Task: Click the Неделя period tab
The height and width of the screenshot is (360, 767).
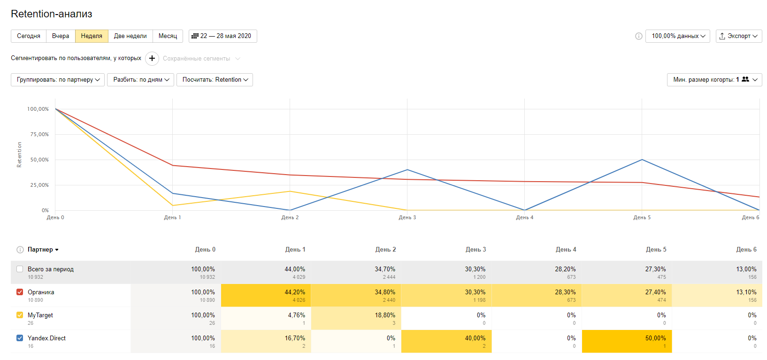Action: pyautogui.click(x=92, y=36)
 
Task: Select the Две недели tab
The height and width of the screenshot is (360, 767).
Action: pyautogui.click(x=130, y=36)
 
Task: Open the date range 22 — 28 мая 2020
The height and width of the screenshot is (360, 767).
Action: pyautogui.click(x=222, y=36)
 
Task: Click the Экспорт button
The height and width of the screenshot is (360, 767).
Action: pyautogui.click(x=738, y=36)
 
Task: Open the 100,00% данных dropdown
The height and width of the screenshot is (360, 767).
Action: pyautogui.click(x=677, y=36)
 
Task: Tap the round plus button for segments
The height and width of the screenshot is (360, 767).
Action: pyautogui.click(x=152, y=59)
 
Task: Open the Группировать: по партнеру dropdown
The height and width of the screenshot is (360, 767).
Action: pyautogui.click(x=58, y=80)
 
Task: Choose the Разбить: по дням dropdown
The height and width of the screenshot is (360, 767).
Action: pyautogui.click(x=141, y=80)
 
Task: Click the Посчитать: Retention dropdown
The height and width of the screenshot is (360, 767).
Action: pyautogui.click(x=215, y=80)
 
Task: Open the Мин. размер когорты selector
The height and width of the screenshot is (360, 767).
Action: pyautogui.click(x=714, y=80)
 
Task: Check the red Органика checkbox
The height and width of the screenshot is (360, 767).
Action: pyautogui.click(x=20, y=292)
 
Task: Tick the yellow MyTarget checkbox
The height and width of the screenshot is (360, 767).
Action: pyautogui.click(x=20, y=315)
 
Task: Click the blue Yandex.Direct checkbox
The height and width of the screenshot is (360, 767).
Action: pyautogui.click(x=20, y=338)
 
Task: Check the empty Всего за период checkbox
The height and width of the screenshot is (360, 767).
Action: pyautogui.click(x=20, y=269)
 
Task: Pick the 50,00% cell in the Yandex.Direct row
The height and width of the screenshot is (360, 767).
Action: pyautogui.click(x=627, y=341)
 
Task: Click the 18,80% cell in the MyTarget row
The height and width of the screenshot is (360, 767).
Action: pyautogui.click(x=356, y=318)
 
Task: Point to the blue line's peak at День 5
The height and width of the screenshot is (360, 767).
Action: pyautogui.click(x=642, y=160)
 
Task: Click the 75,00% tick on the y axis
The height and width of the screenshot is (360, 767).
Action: pyautogui.click(x=39, y=134)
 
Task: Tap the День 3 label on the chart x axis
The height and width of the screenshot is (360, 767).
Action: pyautogui.click(x=407, y=217)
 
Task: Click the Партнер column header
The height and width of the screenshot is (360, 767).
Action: pyautogui.click(x=40, y=250)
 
